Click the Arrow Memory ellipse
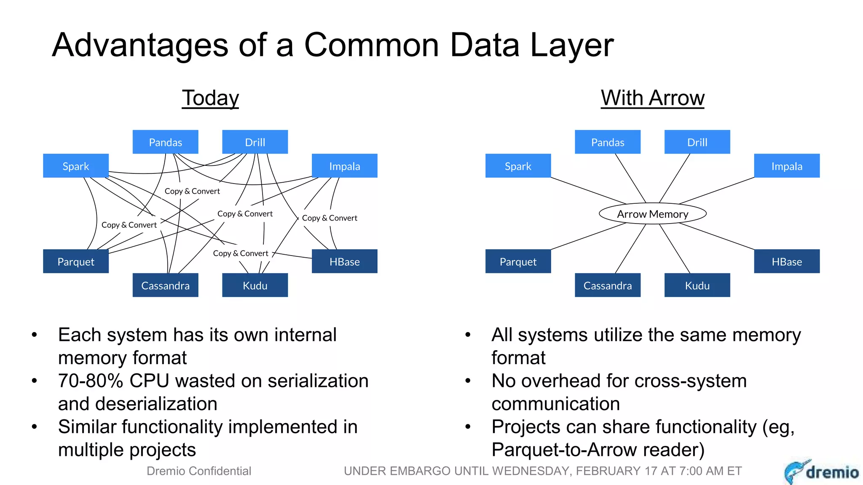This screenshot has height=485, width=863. [652, 214]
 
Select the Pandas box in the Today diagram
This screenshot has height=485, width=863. [165, 142]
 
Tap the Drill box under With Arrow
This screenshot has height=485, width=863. [697, 142]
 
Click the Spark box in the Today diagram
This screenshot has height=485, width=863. [76, 166]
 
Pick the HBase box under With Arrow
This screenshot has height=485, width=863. [786, 261]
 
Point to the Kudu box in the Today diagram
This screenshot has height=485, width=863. [255, 285]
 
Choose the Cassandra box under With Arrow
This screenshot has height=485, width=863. [607, 285]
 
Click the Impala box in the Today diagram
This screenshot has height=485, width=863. [344, 166]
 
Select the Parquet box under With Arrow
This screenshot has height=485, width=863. [518, 261]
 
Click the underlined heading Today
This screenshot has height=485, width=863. [210, 98]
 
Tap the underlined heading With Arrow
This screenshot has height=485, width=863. [652, 98]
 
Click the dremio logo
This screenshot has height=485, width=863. [822, 472]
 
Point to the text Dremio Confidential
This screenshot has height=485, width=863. [198, 471]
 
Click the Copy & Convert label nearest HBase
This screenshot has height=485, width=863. [330, 218]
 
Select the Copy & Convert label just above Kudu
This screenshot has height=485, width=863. [240, 253]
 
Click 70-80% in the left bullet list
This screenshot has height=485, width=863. [90, 381]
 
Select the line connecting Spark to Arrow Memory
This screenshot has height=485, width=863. [588, 190]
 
